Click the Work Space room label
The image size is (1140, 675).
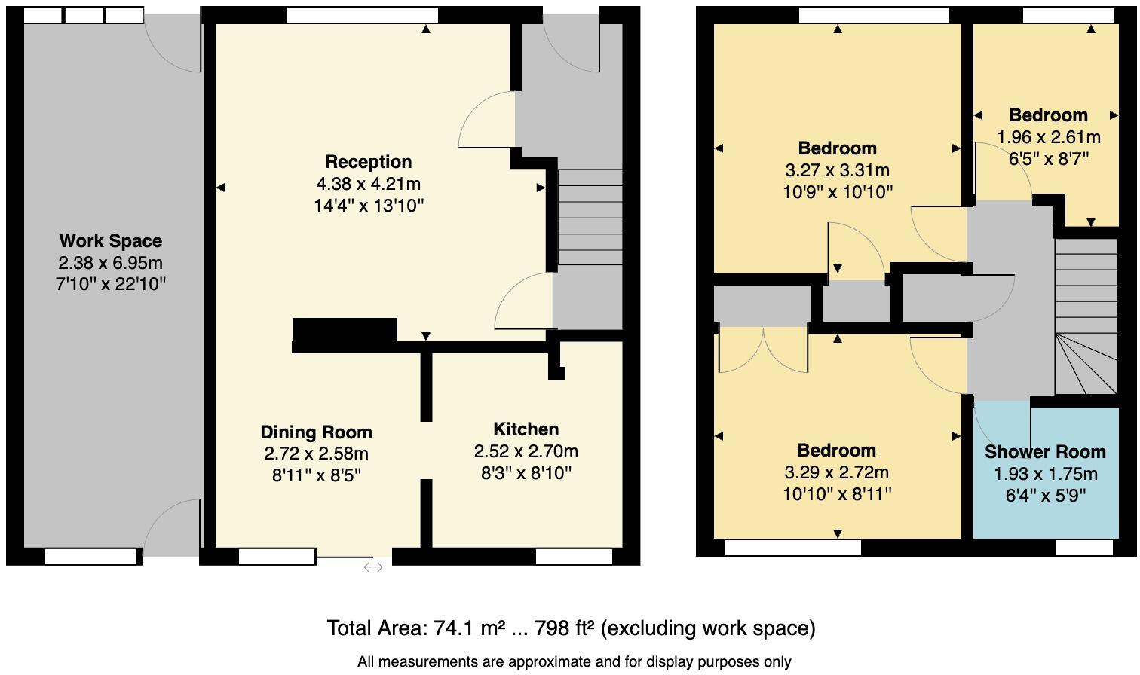click(x=110, y=241)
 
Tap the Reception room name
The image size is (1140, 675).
click(x=368, y=162)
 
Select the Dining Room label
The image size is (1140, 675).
click(x=316, y=432)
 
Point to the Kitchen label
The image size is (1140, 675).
click(x=526, y=429)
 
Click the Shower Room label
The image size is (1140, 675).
click(x=1045, y=452)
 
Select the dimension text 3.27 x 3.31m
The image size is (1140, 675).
click(x=837, y=170)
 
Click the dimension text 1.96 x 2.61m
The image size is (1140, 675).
click(x=1048, y=137)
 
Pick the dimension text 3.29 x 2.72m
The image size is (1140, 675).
click(x=836, y=472)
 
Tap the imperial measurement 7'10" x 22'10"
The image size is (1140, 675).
click(x=110, y=284)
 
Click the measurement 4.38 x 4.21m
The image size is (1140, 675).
click(x=368, y=184)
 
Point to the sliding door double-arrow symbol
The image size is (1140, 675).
click(x=373, y=567)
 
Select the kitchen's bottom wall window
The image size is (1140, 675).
click(x=574, y=557)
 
